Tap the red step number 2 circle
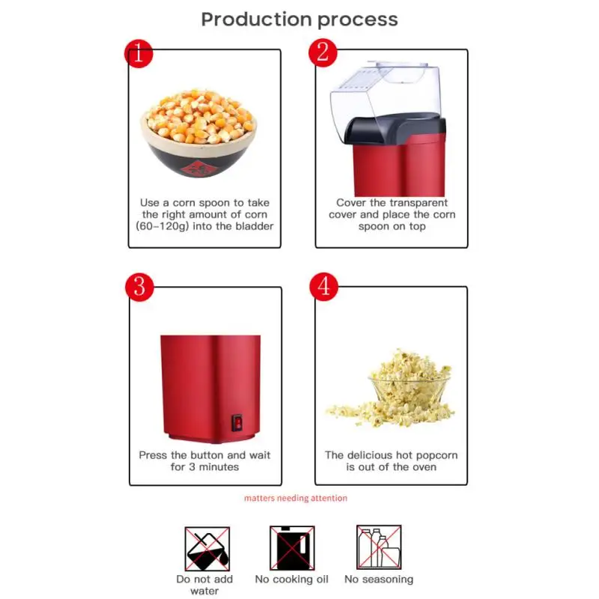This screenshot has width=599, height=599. click(323, 52)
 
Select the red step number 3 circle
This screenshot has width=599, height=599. click(139, 287)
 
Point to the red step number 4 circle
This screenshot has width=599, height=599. click(323, 287)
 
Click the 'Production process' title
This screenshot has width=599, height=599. click(299, 19)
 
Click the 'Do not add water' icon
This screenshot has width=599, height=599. click(207, 548)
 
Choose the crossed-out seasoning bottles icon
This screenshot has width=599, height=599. click(378, 548)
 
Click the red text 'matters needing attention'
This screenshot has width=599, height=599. click(296, 498)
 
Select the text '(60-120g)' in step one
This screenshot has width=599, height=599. click(159, 226)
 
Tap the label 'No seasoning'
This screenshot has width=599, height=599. click(378, 580)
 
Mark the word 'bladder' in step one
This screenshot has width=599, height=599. click(253, 226)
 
